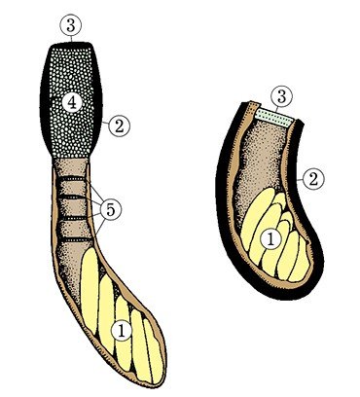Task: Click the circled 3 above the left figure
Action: [71, 26]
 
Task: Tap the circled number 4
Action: [72, 103]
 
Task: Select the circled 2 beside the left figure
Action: [119, 126]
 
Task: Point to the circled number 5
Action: [111, 210]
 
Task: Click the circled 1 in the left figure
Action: [122, 331]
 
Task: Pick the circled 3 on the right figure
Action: [281, 97]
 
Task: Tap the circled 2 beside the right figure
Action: [313, 179]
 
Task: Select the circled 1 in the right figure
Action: [270, 239]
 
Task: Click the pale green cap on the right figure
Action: [275, 117]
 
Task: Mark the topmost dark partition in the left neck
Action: [72, 178]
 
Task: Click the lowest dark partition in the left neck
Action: [77, 239]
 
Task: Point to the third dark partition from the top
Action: [73, 219]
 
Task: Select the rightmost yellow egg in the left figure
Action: [153, 350]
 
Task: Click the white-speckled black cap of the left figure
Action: [71, 99]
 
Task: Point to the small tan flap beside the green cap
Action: [252, 107]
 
